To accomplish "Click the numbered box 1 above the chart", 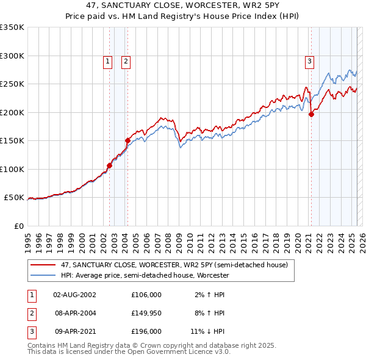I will click(107, 60).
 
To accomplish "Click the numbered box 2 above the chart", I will click(126, 60).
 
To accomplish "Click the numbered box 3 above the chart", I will click(310, 60).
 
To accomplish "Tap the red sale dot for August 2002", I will click(110, 165).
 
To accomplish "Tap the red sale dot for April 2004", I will click(128, 140).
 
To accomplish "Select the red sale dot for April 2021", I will click(311, 114).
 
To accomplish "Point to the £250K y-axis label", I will click(12, 84).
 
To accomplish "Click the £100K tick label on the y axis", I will click(12, 169).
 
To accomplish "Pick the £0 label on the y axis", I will click(18, 226).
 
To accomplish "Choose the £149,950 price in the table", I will click(146, 313).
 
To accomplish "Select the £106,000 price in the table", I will click(146, 295).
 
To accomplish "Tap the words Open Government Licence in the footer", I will click(170, 352).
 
